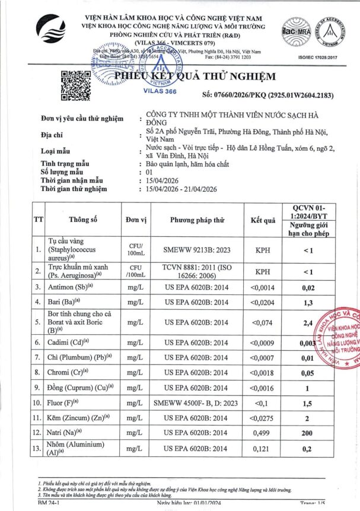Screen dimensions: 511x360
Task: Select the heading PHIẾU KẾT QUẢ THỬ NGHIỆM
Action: coord(195,76)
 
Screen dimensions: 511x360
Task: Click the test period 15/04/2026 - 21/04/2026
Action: coord(189,189)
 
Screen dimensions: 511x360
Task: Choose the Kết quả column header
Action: coord(263,220)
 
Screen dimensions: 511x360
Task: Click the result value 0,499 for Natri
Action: coord(263,432)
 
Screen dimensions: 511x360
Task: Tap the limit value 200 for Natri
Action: coord(323,432)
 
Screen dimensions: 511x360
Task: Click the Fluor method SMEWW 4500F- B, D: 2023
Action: coord(197,403)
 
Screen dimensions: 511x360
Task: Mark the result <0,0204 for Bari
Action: coord(263,302)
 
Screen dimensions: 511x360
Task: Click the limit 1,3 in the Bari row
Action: coord(323,302)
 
